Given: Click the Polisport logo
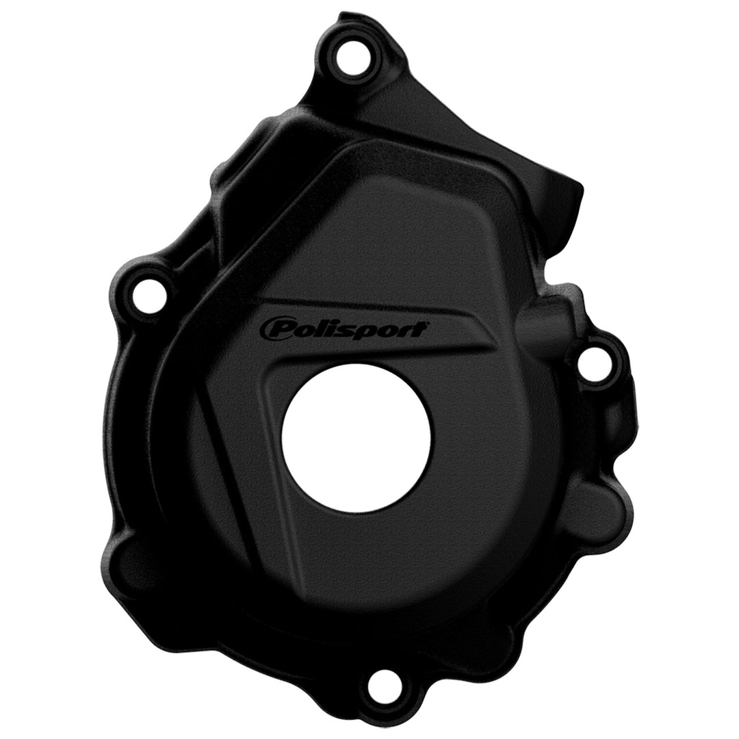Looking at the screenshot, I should [x=343, y=328].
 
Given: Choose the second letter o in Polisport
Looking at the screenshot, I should [x=378, y=329].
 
